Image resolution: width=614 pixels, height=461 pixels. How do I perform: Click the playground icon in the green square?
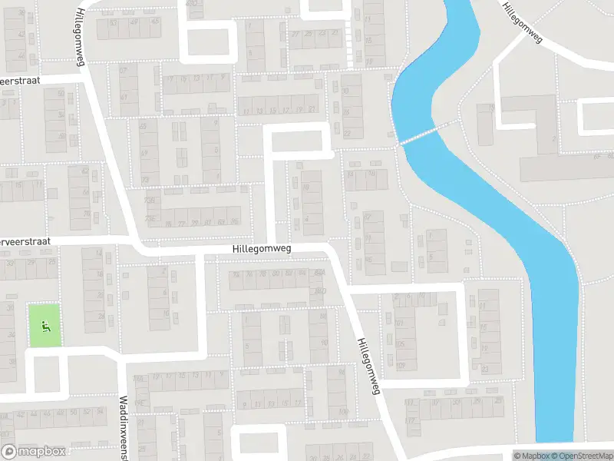coord(45,326)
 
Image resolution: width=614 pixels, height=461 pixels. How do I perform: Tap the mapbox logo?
coord(34,452)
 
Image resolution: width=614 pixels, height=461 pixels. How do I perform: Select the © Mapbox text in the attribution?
coord(531,456)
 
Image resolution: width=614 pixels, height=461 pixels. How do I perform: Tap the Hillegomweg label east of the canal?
coord(521,23)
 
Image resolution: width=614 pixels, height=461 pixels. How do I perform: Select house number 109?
coord(401,363)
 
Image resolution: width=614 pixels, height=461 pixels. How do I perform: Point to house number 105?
coord(400,343)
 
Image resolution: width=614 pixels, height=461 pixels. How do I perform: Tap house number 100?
coord(343,412)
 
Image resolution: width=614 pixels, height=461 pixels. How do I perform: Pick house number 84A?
coord(319,273)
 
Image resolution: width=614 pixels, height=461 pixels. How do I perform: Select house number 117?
coord(409,402)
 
